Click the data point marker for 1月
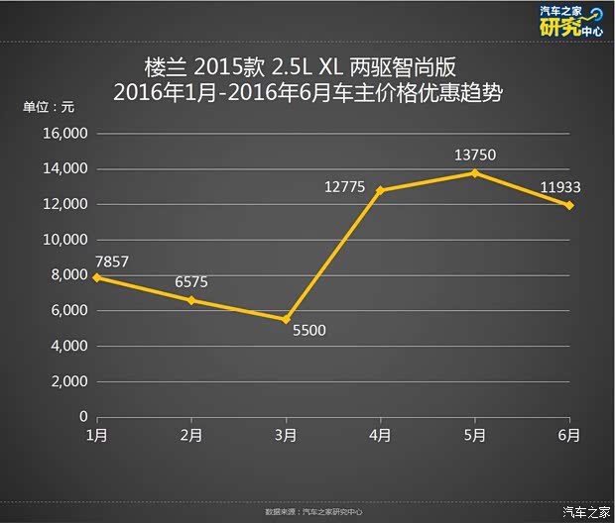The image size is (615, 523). pos(96,277)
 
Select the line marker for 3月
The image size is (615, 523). pos(286,319)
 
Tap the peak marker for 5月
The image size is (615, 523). pos(475,172)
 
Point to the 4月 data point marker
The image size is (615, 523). pos(380,190)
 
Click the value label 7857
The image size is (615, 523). pos(112,261)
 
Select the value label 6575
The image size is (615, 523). pos(191,281)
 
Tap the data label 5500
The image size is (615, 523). pos(308,331)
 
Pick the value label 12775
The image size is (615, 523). pos(345,185)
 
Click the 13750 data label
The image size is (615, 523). pos(474,155)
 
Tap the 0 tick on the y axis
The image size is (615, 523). pos(83,417)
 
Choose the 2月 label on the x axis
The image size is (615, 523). pos(191,434)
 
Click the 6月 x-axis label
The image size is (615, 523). pos(569,434)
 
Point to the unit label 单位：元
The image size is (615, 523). pos(49,107)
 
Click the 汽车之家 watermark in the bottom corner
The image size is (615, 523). pos(586,511)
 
